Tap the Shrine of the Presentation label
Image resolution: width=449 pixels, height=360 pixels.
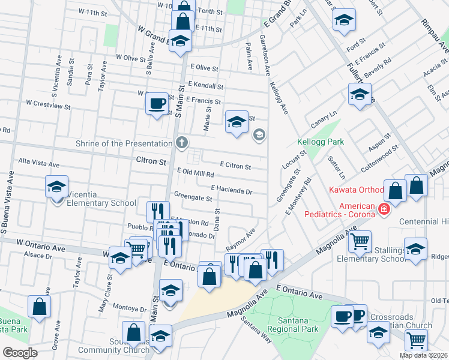[124, 143]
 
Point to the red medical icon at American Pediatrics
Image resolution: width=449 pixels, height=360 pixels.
[384, 209]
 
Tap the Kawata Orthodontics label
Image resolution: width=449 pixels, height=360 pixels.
[356, 190]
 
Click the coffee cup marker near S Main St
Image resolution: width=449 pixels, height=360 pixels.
[157, 104]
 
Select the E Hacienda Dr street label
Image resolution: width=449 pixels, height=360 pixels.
[231, 190]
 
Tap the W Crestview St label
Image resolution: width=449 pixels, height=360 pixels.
[48, 104]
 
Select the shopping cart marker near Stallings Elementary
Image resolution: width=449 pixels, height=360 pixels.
[360, 242]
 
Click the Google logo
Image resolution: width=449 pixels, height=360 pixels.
[20, 353]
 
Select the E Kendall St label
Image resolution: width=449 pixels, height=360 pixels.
[205, 86]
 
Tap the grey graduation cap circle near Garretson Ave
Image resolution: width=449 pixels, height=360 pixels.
[259, 134]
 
